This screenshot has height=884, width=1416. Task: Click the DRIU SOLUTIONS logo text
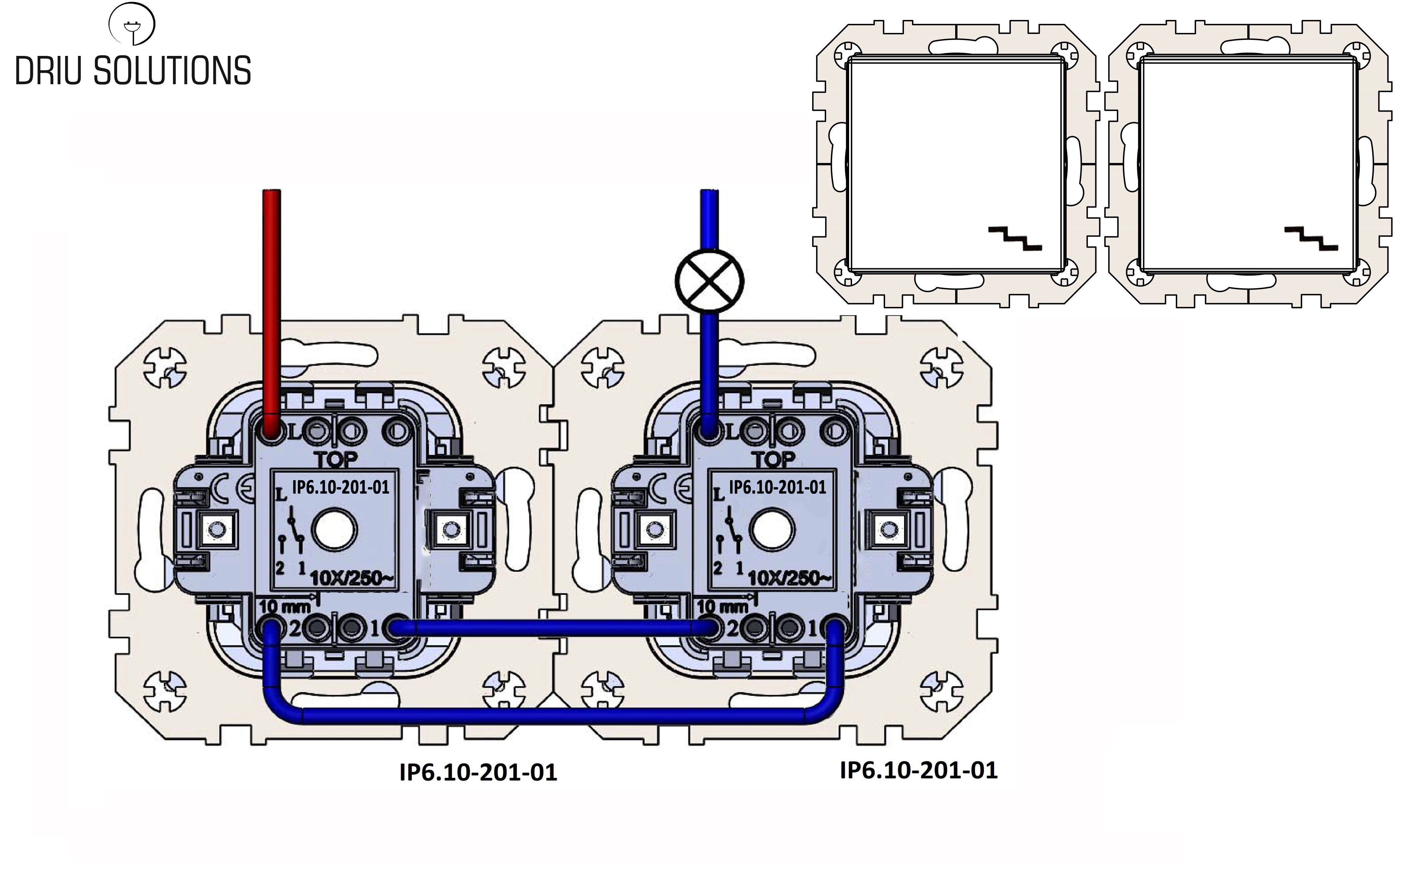point(133,71)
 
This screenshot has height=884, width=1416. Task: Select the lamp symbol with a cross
point(709,280)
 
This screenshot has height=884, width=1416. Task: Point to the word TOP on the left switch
point(336,460)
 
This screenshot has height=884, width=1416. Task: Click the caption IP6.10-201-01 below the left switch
point(478,772)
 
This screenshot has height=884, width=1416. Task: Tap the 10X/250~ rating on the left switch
point(352,578)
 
